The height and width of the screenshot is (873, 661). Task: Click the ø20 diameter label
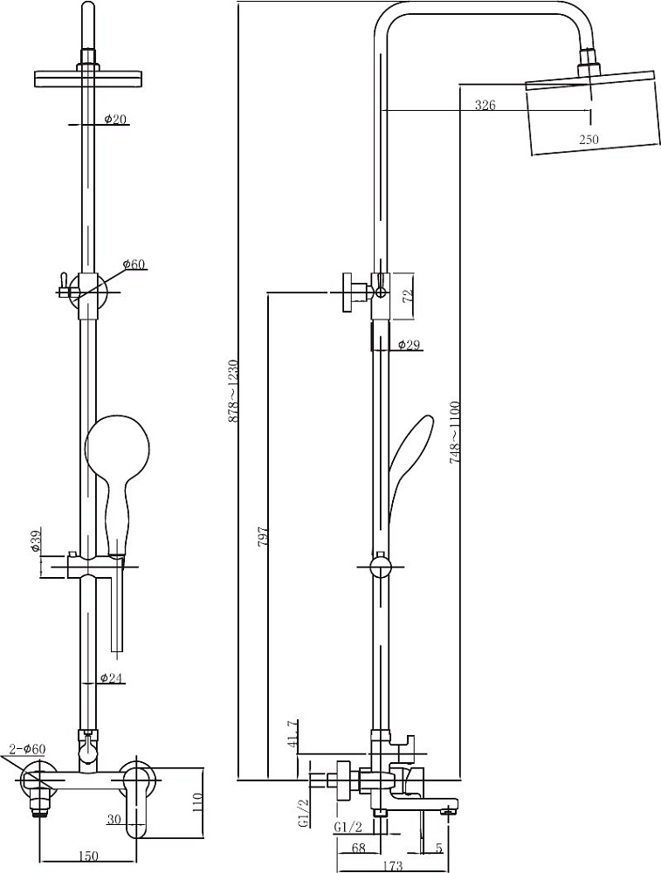click(x=115, y=119)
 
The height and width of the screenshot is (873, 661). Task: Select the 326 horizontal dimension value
click(x=485, y=105)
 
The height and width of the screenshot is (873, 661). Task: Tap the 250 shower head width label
click(x=589, y=139)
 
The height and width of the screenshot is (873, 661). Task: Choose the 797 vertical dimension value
click(x=264, y=535)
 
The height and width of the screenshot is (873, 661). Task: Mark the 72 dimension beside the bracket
click(x=407, y=296)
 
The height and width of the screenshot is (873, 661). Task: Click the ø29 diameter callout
click(x=409, y=346)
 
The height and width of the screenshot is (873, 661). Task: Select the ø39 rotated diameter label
click(x=35, y=540)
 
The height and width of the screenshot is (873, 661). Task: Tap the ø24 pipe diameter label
click(x=112, y=677)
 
